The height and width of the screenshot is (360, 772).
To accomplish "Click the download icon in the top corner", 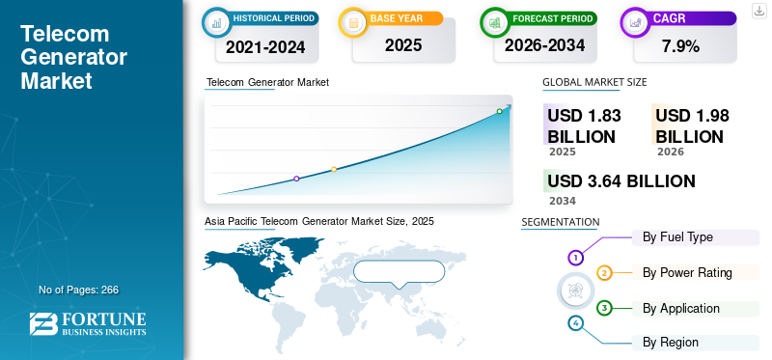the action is point(759,11).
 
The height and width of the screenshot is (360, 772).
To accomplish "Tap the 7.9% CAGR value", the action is point(680,46).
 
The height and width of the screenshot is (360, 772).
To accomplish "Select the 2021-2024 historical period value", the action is point(265,46).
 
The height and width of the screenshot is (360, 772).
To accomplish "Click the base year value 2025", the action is point(403,45).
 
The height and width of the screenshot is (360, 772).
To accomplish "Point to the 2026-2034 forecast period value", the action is point(544,45).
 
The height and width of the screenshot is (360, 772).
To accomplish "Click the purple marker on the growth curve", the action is point(296,179).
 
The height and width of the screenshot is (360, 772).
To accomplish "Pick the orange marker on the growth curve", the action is point(334,170).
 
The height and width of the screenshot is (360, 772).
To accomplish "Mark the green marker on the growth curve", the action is point(499,111).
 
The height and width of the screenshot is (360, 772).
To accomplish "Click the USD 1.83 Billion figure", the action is point(584,126).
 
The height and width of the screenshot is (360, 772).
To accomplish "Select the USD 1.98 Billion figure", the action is point(692,126).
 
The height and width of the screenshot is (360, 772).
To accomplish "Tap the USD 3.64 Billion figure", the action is point(621,181).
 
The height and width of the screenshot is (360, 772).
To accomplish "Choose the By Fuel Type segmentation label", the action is point(677,237).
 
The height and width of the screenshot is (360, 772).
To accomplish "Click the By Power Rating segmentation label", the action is point(687,272).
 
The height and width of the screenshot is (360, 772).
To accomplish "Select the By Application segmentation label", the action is point(681,308).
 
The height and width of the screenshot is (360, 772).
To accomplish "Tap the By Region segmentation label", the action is point(670,343).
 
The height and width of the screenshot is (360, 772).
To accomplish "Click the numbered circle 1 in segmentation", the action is point(575,257).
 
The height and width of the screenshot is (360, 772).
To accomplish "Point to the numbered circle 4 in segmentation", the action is point(575,323).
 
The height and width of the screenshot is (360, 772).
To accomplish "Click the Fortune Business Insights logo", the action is point(88,324).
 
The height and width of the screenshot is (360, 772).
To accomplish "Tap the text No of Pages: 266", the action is point(79,290).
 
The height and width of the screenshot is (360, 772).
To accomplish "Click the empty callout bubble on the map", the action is point(400,273).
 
